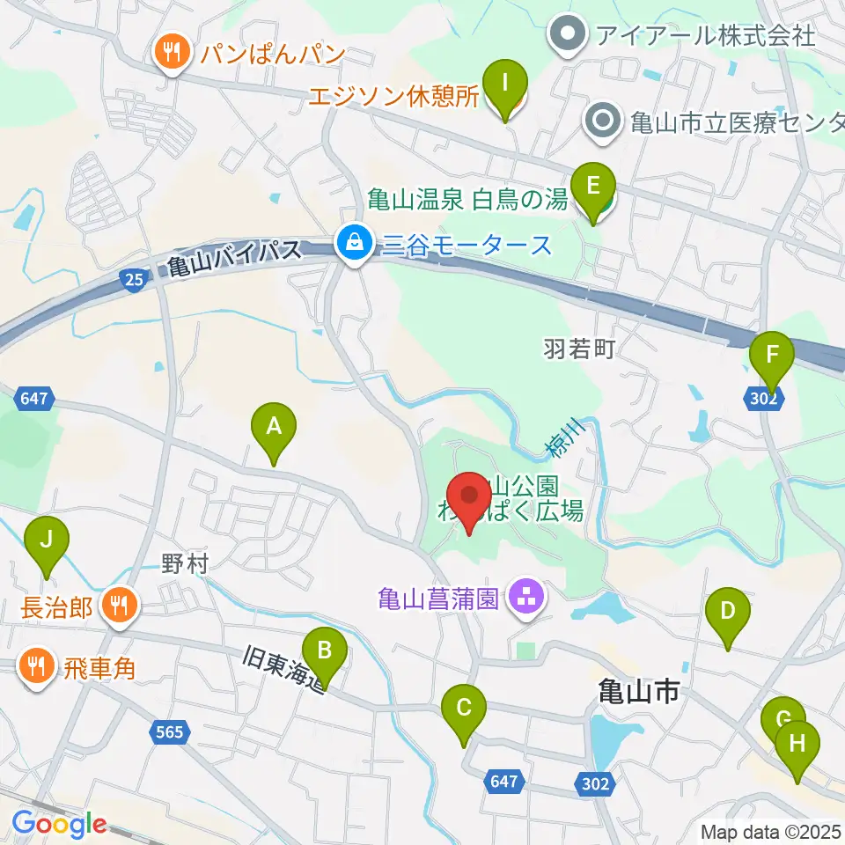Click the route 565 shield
click(x=172, y=731)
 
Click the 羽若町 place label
click(x=578, y=350)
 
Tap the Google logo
click(x=59, y=825)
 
